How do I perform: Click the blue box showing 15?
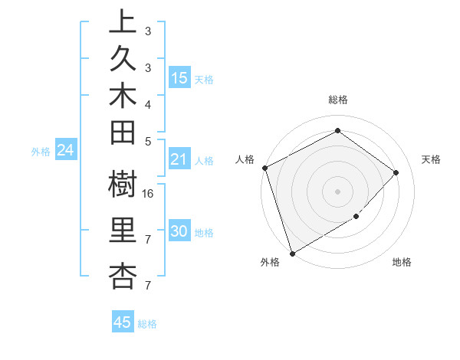(x=179, y=78)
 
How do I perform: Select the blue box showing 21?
(x=179, y=159)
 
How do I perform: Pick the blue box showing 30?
(x=179, y=232)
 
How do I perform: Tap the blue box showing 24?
(x=66, y=150)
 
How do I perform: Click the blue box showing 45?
(x=123, y=322)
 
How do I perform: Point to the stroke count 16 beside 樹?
(x=149, y=194)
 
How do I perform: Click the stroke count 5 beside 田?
(x=148, y=141)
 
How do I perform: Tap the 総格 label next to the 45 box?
(x=148, y=324)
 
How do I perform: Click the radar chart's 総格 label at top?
(x=338, y=100)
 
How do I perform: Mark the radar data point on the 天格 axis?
(x=396, y=172)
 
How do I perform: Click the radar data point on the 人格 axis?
(x=264, y=168)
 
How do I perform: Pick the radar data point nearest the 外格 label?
(x=292, y=253)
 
